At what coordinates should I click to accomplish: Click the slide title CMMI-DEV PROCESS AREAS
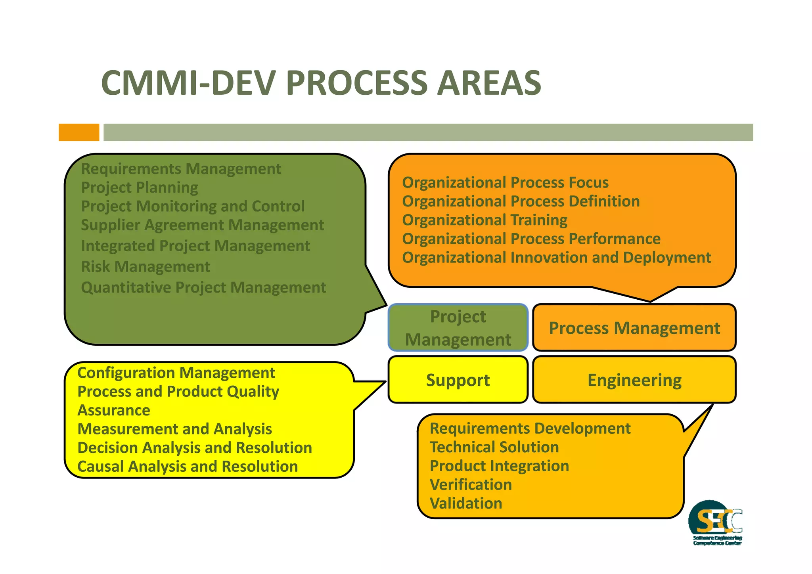tap(321, 83)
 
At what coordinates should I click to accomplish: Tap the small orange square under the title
tap(79, 132)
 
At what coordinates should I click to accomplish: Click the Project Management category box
tap(458, 328)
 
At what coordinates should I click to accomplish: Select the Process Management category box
tap(634, 328)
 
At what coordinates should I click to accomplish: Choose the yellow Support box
tap(458, 380)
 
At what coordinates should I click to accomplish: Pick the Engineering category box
tap(634, 380)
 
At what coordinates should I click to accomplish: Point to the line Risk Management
tap(145, 267)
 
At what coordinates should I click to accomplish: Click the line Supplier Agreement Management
tap(202, 225)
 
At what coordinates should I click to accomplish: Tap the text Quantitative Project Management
tap(203, 287)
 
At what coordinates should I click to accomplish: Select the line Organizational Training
tap(485, 220)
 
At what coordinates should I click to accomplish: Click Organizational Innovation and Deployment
tap(556, 258)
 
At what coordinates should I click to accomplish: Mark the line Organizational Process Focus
tap(505, 183)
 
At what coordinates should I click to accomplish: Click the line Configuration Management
tap(176, 373)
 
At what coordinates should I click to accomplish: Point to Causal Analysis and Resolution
tap(187, 467)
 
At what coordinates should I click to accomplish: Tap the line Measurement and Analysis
tap(174, 429)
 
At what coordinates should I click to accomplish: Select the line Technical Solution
tap(494, 447)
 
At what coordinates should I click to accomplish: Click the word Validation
tap(466, 503)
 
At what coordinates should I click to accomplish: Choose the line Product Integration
tap(499, 466)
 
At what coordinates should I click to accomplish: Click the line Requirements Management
tap(181, 169)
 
